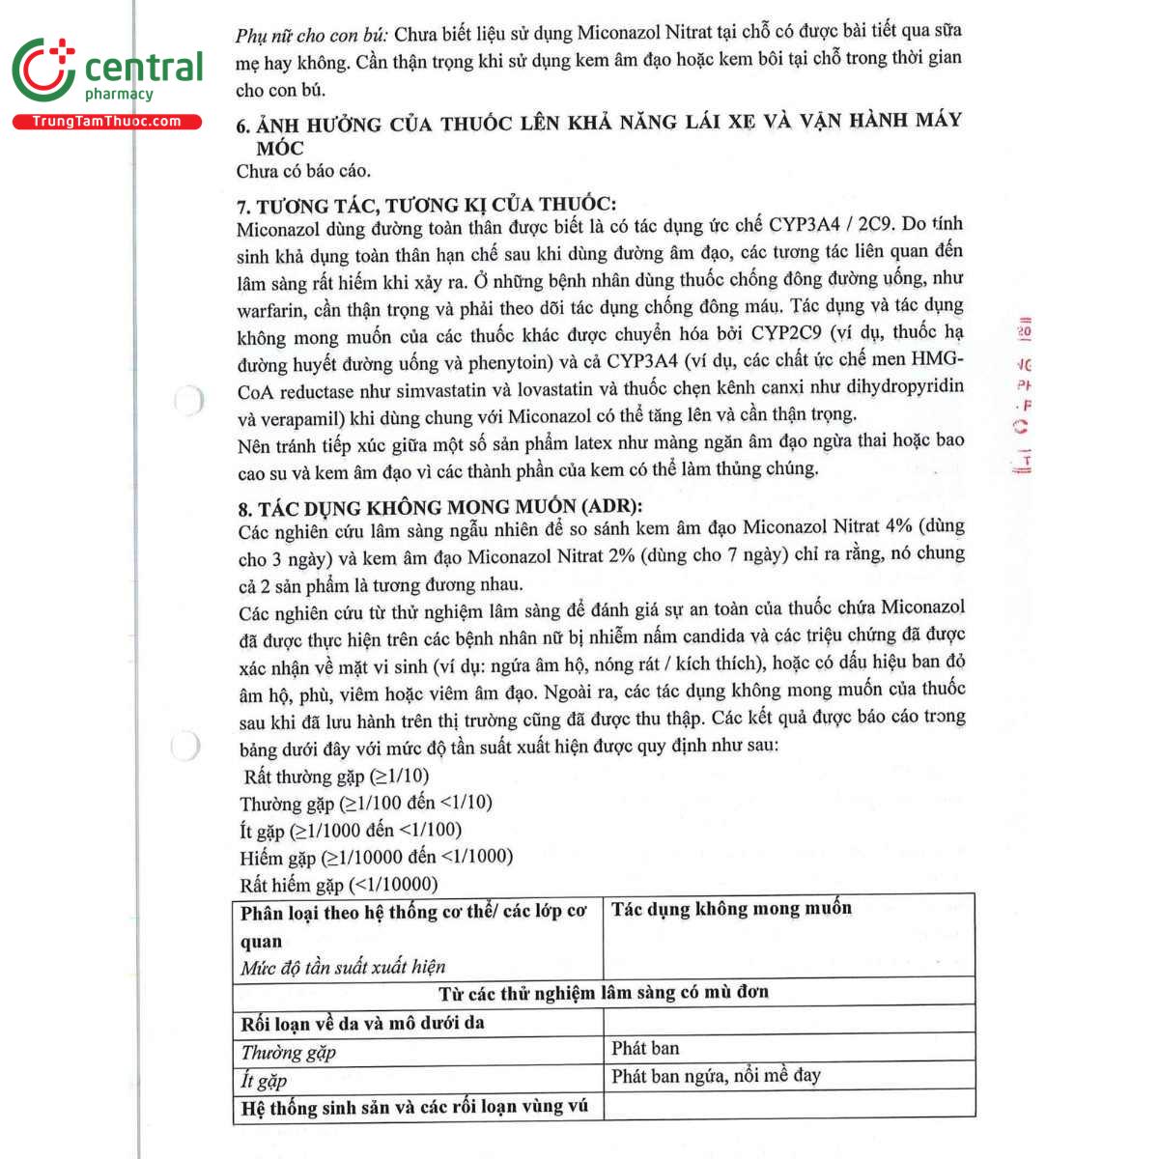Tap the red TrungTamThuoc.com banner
106,122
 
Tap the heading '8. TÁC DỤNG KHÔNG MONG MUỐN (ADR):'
439,507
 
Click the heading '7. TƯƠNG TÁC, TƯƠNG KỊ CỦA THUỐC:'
426,205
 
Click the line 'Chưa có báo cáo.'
303,172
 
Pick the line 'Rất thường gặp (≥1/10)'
335,777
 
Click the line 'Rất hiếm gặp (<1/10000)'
338,884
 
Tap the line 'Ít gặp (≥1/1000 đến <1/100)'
351,831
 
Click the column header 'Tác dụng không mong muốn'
731,909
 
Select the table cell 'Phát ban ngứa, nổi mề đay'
716,1076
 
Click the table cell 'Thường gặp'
288,1053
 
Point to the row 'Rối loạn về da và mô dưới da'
362,1023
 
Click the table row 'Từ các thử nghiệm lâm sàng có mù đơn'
604,993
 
